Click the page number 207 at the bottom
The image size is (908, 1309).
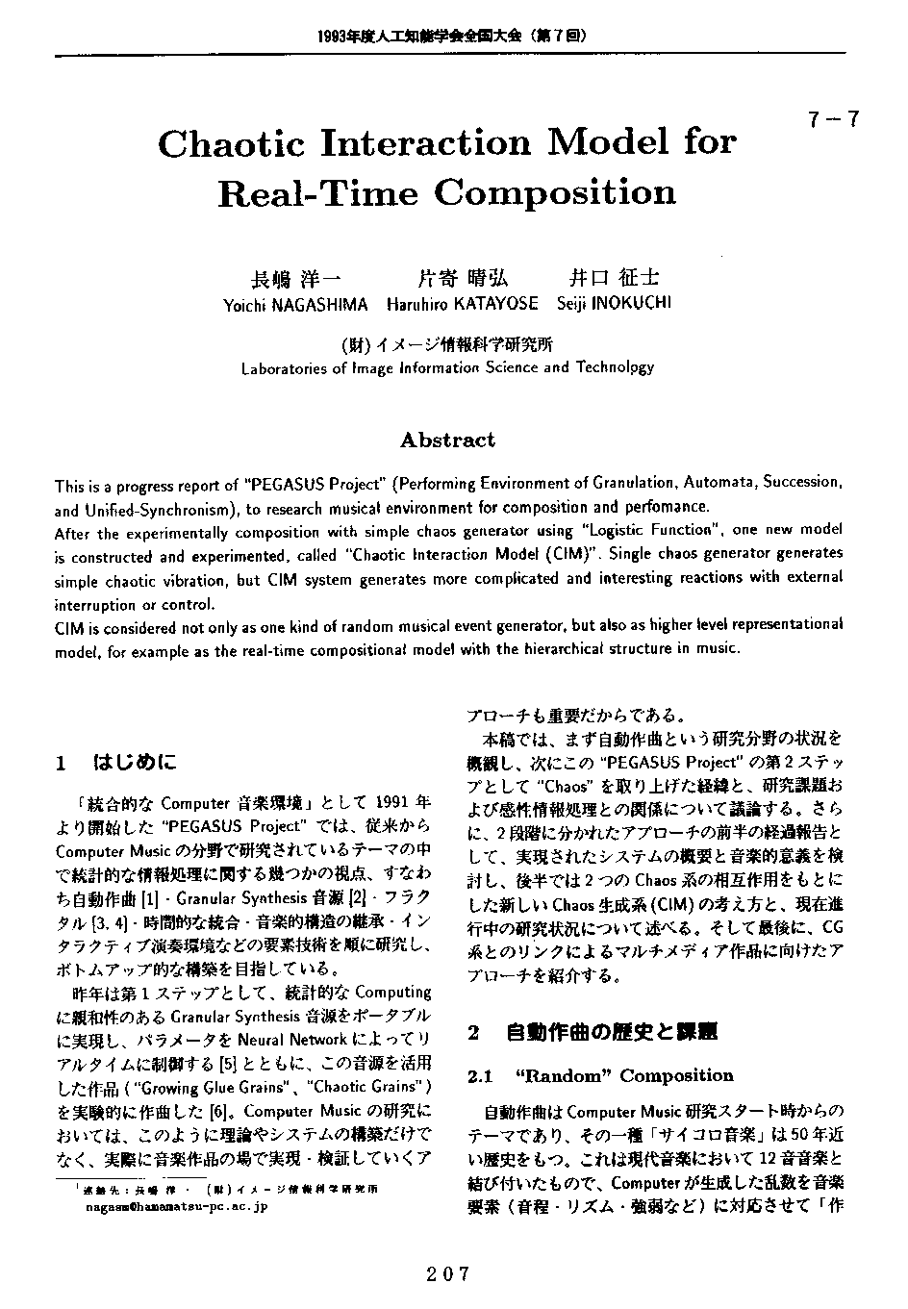click(x=449, y=1274)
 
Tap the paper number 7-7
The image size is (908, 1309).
click(x=834, y=120)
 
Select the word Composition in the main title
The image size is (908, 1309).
click(x=555, y=193)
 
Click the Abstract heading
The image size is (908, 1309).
click(x=447, y=441)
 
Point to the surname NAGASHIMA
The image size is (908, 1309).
click(x=320, y=305)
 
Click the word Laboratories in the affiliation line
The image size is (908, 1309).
click(x=286, y=368)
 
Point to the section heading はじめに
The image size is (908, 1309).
click(x=135, y=764)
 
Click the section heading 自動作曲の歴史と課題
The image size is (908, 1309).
click(x=612, y=1034)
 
